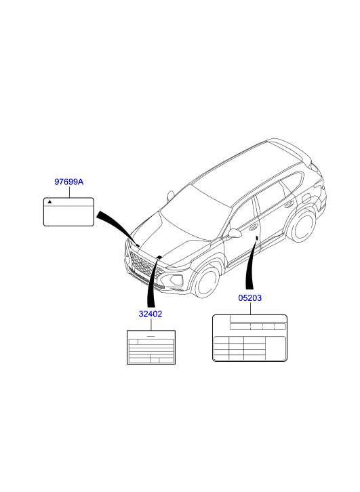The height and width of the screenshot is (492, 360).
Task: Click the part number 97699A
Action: pos(69,182)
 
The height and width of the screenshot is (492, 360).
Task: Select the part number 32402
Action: pos(151,314)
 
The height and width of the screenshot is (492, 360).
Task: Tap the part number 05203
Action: pos(250,298)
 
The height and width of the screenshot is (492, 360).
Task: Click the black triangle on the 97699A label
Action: pos(49,202)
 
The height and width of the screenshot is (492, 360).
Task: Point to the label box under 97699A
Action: pos(68,212)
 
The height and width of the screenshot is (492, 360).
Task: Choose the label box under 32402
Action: pos(151,347)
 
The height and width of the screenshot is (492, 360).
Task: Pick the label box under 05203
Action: pos(250,338)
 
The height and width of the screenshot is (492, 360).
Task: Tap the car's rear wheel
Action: pos(302,226)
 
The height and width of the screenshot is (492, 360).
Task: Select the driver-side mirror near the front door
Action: pos(235,233)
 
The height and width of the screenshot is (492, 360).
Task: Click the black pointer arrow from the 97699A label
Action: pos(118,228)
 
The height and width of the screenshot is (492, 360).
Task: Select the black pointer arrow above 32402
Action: pos(153,281)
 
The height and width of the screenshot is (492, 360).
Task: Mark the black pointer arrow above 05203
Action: pos(252,263)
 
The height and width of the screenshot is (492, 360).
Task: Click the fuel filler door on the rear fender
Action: pos(306,198)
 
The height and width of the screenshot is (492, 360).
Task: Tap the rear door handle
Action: pos(288,205)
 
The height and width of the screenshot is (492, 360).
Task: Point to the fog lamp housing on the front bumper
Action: pos(174,279)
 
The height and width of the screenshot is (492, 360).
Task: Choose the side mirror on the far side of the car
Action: pos(170,195)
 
